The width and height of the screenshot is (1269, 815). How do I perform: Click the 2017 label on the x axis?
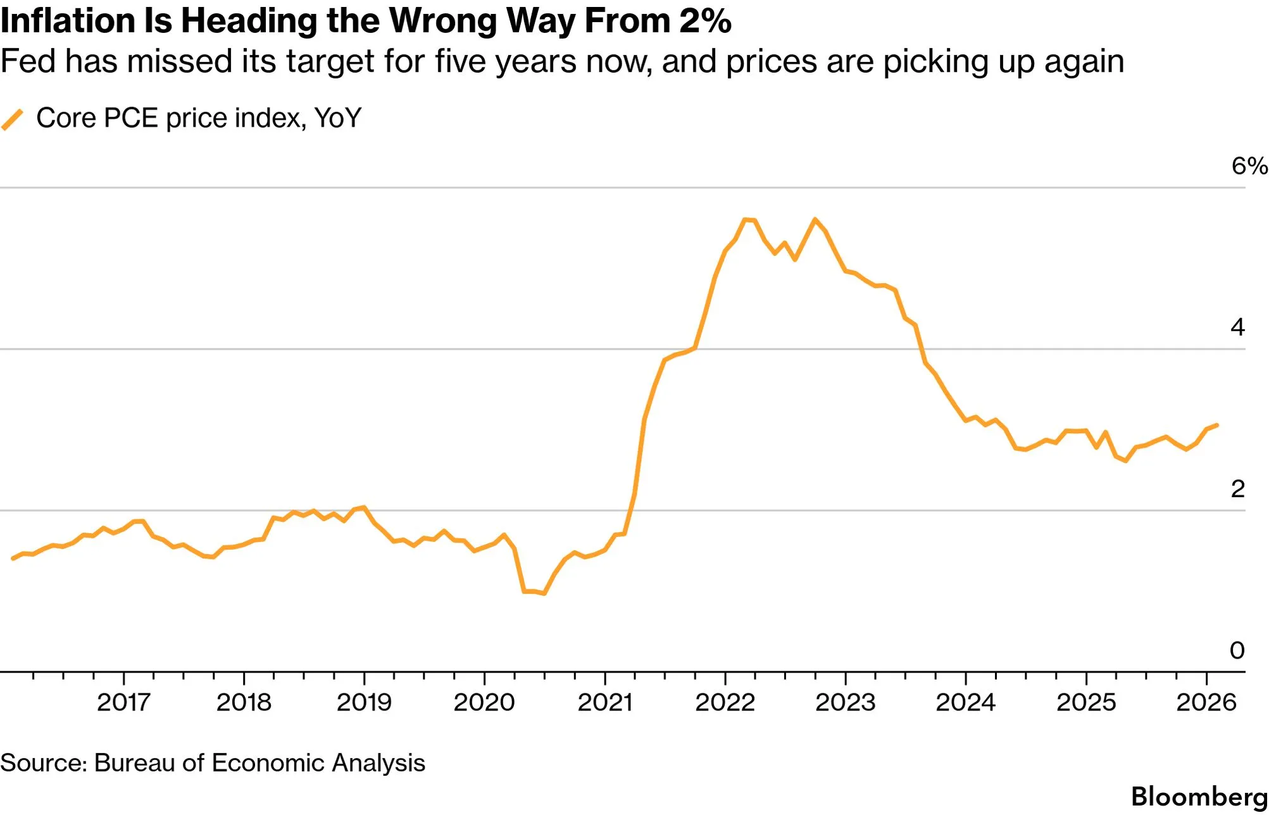coord(123,702)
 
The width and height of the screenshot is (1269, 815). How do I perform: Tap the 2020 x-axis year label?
coord(484,702)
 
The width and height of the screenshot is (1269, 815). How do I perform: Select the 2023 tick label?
coord(845,702)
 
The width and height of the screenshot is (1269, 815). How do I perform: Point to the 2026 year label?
coord(1206,702)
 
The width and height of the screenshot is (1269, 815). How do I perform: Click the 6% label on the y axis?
coord(1249,166)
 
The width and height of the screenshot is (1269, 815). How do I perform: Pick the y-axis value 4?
coord(1237,327)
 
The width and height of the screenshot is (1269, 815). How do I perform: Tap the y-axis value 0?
coord(1237,650)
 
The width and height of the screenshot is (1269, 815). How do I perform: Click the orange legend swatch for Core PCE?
coord(13,119)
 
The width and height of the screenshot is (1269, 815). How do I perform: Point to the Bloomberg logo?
coord(1199,797)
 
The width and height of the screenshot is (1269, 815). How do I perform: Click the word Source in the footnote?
coord(42,763)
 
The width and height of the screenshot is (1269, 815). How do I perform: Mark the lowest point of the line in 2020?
coord(544,593)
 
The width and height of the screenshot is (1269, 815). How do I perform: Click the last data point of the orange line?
coord(1216,425)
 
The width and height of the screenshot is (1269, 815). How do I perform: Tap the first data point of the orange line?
coord(13,559)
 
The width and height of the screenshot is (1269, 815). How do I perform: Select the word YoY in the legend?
coord(337,118)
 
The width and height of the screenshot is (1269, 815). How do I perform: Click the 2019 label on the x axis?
coord(364,702)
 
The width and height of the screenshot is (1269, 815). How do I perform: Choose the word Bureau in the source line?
coord(134,763)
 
